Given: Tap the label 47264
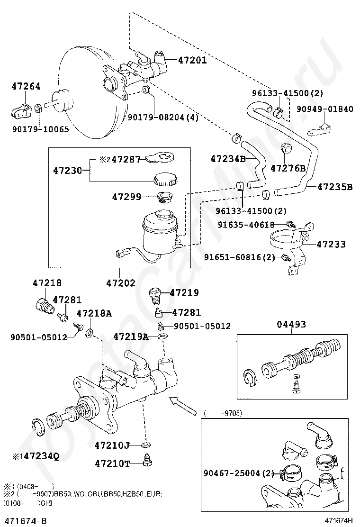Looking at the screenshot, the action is point(26,86).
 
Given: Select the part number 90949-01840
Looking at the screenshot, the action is point(325,109).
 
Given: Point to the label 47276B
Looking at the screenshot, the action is point(288,168).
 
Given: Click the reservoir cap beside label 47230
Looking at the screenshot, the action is point(165,179).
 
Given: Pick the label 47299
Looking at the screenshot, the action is point(126,197).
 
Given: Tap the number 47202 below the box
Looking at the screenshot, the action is point(121,282).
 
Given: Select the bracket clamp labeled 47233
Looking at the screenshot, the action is point(292,245).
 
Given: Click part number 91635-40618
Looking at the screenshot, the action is point(246,225).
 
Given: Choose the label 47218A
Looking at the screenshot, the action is point(94,313).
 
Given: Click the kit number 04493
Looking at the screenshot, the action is point(291,324).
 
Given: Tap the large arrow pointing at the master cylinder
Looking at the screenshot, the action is point(183,406).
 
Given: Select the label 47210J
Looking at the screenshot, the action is point(112,445).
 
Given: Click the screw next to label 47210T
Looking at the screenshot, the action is point(147,460).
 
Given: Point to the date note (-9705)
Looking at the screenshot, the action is point(223,413).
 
